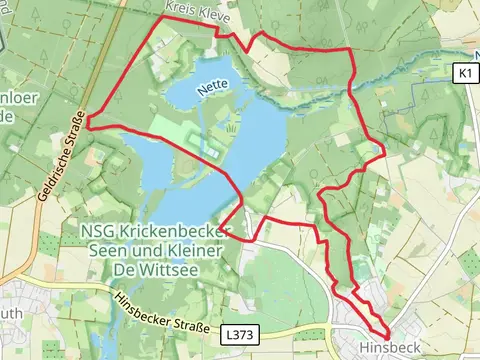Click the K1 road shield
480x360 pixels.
point(463,74)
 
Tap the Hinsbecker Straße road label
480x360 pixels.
point(161,313)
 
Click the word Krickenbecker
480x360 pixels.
point(174,232)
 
